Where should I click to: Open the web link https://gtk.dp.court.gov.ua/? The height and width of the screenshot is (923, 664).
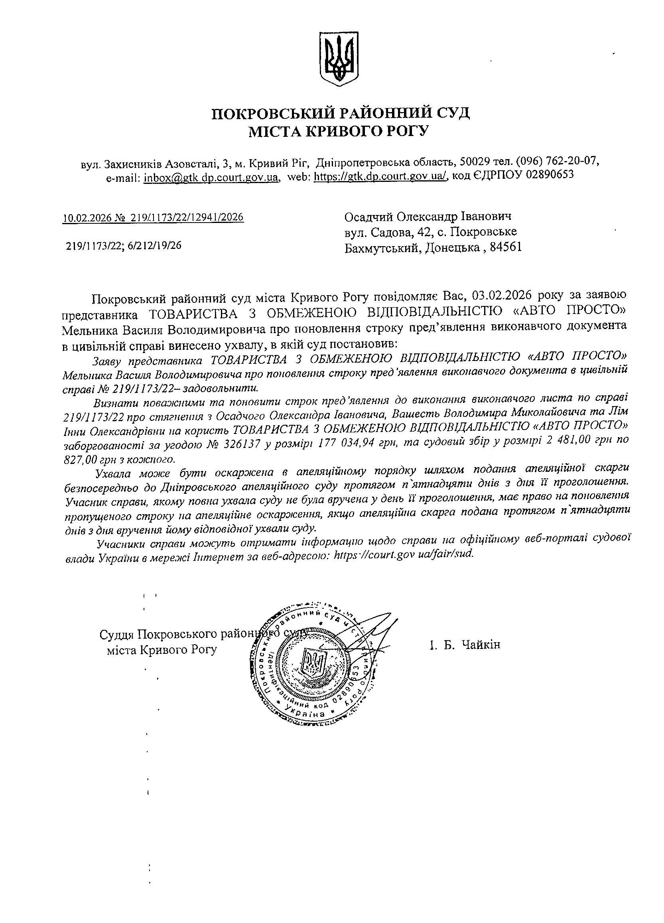[380, 177]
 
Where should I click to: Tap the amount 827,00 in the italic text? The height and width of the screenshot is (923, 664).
[80, 460]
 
